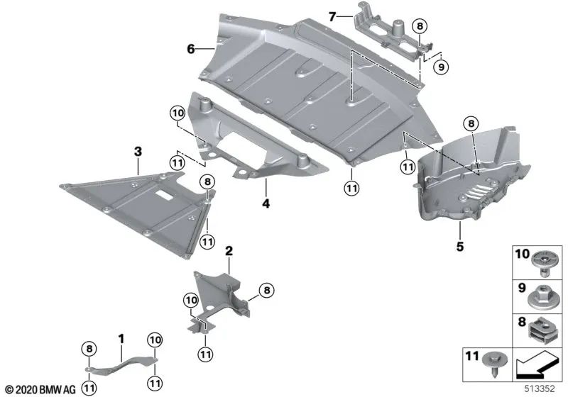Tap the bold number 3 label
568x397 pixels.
[137, 150]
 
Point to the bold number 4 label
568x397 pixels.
[266, 203]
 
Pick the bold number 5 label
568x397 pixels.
[460, 247]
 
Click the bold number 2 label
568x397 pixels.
[229, 250]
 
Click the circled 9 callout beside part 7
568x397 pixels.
[440, 67]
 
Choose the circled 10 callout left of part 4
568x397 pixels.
[177, 111]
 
